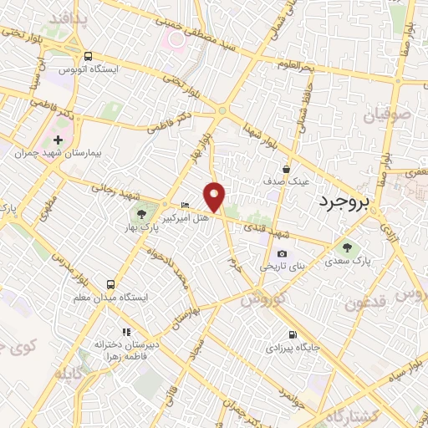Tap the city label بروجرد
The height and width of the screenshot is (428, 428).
tap(345, 202)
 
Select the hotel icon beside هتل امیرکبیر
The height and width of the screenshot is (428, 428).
tap(186, 206)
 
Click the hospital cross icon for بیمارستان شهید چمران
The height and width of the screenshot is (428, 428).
tap(58, 140)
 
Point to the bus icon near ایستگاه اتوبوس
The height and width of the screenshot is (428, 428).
tap(88, 55)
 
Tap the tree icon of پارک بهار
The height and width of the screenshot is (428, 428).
tap(151, 216)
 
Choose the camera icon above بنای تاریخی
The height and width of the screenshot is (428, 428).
tap(282, 254)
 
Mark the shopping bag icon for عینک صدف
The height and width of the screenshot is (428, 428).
tap(286, 168)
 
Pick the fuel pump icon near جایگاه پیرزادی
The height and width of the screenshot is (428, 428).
tap(292, 333)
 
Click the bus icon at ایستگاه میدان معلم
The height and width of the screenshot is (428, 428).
tap(111, 285)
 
